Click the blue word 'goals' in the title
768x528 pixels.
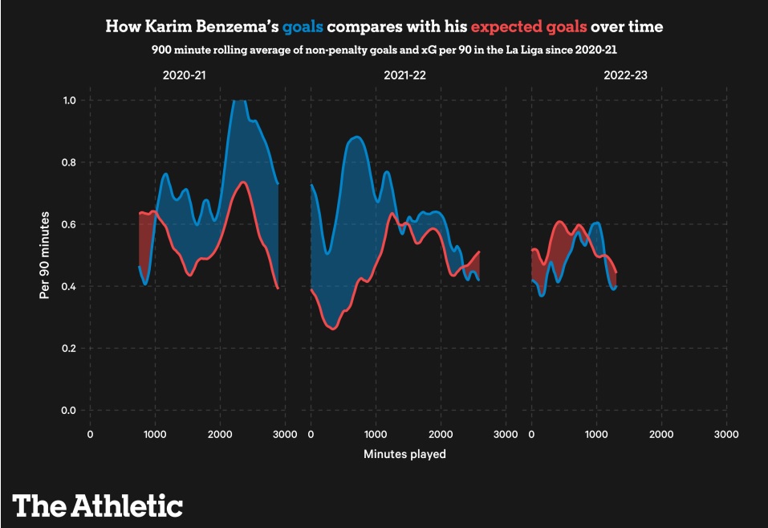(303, 27)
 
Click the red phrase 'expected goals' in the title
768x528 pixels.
(529, 27)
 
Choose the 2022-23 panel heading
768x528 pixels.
(626, 76)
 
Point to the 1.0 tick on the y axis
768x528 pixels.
(70, 100)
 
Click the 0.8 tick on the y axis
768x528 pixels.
(70, 162)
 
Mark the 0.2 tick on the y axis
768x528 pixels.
(70, 349)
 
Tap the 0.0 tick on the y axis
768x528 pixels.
(70, 411)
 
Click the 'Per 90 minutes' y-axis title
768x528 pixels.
(46, 256)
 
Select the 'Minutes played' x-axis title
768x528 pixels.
(404, 454)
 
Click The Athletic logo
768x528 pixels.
(97, 505)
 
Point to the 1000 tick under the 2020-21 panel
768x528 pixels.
(155, 435)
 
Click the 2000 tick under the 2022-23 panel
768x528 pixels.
(661, 435)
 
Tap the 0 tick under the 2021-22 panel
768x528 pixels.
(311, 435)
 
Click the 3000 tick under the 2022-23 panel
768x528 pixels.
(726, 435)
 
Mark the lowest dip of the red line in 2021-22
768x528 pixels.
(333, 329)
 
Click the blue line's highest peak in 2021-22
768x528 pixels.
(356, 137)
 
